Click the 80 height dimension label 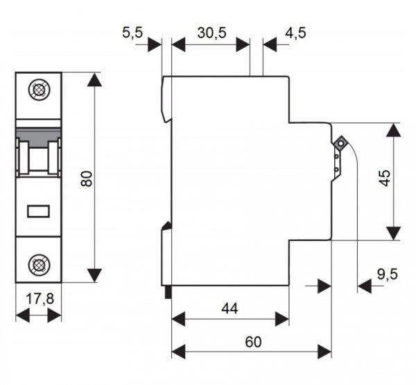(x=86, y=178)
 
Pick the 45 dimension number (x=388, y=180)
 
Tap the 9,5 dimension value (x=388, y=275)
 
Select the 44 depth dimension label (x=229, y=306)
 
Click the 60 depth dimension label (x=252, y=342)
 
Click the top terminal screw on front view (x=38, y=91)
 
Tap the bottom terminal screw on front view (x=38, y=263)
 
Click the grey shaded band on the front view (x=38, y=131)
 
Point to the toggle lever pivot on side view (x=341, y=144)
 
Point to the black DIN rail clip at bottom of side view (x=168, y=293)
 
